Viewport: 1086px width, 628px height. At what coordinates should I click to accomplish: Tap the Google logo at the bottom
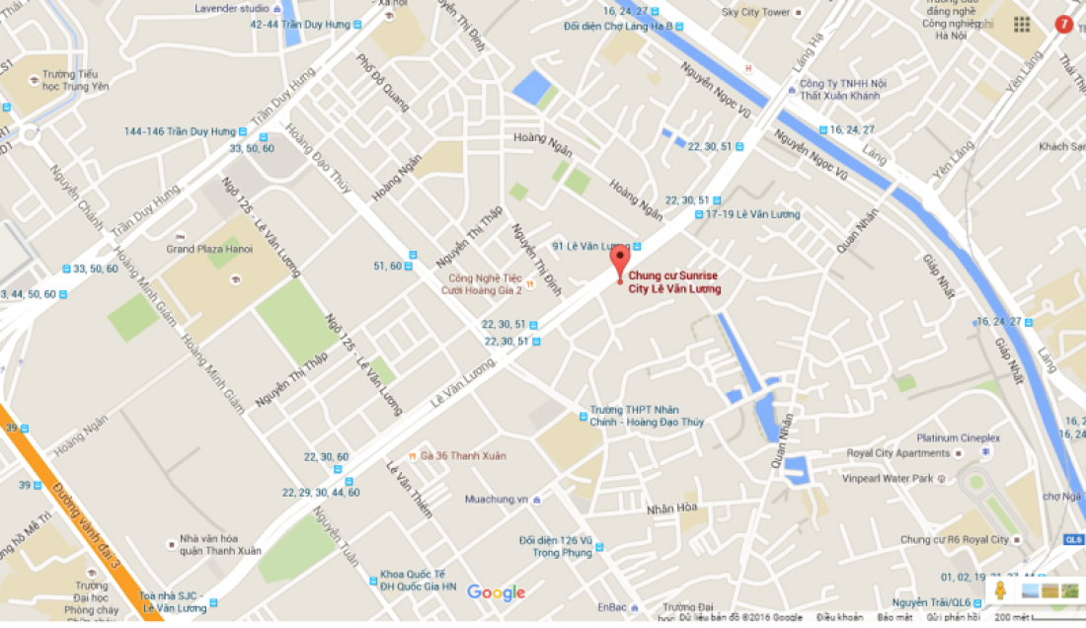pyautogui.click(x=496, y=592)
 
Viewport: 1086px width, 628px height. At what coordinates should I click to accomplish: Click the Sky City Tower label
pyautogui.click(x=756, y=12)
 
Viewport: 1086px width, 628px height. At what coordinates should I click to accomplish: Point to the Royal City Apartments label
pyautogui.click(x=898, y=454)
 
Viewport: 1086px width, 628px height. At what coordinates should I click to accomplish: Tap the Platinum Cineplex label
pyautogui.click(x=959, y=438)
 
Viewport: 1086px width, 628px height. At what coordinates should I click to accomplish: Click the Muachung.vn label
pyautogui.click(x=497, y=499)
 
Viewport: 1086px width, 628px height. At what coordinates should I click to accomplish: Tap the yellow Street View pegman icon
pyautogui.click(x=1000, y=590)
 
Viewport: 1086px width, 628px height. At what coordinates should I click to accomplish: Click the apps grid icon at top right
pyautogui.click(x=1021, y=24)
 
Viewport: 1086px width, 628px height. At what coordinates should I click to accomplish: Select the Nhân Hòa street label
pyautogui.click(x=671, y=509)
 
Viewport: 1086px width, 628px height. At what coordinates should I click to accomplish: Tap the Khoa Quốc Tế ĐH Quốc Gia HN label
pyautogui.click(x=419, y=581)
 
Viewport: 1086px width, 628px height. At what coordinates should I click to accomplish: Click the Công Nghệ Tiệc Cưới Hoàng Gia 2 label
pyautogui.click(x=485, y=284)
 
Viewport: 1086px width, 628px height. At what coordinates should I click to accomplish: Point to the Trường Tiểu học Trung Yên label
pyautogui.click(x=75, y=80)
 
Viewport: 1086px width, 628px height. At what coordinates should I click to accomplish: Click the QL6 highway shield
pyautogui.click(x=1074, y=539)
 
